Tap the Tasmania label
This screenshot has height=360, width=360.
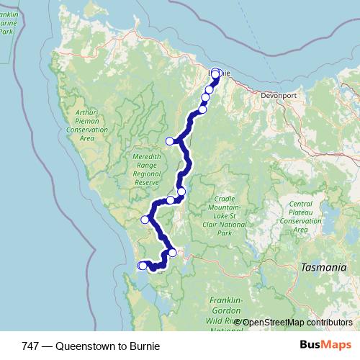coord(319,267)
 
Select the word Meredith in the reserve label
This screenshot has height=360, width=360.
coord(146,156)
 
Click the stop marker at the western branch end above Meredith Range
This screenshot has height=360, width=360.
coord(170,141)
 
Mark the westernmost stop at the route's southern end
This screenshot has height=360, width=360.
coord(142,266)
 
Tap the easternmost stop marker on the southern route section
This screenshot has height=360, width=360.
coord(172,253)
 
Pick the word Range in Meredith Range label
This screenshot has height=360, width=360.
coord(146,165)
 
